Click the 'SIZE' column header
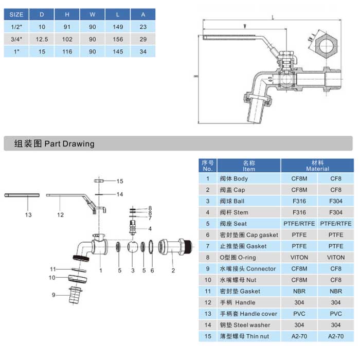pos(16,14)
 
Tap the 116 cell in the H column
pos(67,51)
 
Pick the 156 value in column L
pos(118,39)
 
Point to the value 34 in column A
pos(143,51)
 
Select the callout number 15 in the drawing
pos(120,181)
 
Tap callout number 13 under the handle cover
pos(28,215)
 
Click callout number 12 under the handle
pos(60,215)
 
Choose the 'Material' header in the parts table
pos(317,165)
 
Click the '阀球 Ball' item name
pos(234,201)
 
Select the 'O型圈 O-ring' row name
pos(237,257)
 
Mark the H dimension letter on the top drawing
pos(195,77)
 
